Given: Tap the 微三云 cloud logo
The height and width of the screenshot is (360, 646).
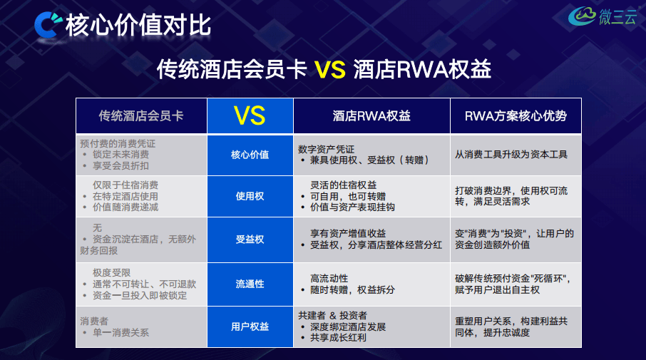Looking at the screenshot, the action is coord(602,16).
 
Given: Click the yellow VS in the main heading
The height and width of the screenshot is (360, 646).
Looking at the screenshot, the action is coord(330,69).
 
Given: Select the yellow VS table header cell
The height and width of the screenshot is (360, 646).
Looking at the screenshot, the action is coord(250,115).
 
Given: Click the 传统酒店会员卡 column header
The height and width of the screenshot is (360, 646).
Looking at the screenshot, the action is coord(141,115).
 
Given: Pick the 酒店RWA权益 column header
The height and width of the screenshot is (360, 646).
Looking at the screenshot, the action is coord(371,115).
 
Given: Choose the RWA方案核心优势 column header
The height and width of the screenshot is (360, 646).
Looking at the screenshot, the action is coord(516,115).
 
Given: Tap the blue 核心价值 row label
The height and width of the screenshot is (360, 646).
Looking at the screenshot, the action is coord(250,155).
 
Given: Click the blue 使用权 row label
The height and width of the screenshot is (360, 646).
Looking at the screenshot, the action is coord(250,196).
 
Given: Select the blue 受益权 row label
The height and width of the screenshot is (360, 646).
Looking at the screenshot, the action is coord(250,240).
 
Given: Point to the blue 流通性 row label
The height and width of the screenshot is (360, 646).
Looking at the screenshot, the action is coord(250,284).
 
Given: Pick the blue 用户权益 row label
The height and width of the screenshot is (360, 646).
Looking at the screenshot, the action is coord(250,326).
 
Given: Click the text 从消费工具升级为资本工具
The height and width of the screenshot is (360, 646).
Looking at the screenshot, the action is coord(511,155).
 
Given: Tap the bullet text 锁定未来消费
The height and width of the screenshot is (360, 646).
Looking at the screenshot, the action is coord(121,155).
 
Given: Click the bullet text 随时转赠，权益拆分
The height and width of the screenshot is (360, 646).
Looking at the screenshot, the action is coord(352,290).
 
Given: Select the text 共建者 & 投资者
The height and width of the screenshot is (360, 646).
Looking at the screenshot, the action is coord(332,316).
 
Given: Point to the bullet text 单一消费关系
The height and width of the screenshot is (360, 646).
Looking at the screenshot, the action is coord(121,333).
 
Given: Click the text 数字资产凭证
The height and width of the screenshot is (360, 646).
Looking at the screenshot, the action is coord(326,149).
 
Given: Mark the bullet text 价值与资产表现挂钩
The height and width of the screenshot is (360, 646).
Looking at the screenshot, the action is coord(352,207).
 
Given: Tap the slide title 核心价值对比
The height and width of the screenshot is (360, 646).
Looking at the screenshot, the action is coord(138,25).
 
